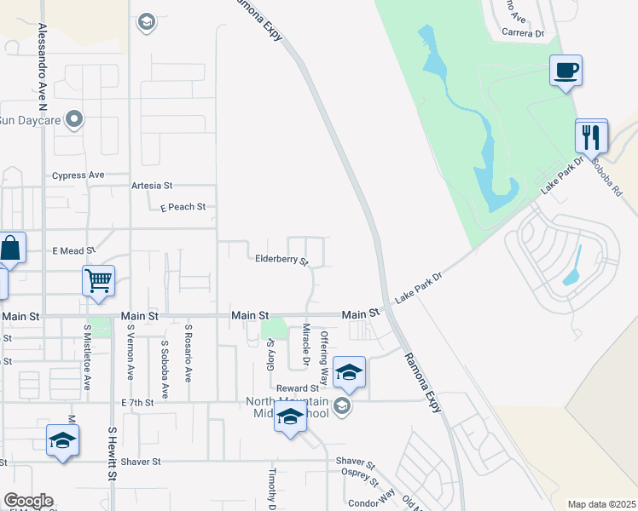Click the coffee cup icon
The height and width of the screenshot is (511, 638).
[x=565, y=69]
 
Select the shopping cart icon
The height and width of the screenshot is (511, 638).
[x=98, y=279]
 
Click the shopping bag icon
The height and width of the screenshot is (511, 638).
[x=11, y=249]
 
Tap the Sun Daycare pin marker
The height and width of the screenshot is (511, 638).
[x=74, y=119]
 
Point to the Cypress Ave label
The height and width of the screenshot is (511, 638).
[x=78, y=175]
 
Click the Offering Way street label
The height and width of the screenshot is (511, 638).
[x=324, y=357]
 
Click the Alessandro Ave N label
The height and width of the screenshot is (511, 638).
[x=41, y=63]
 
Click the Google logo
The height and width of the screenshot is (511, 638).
[x=28, y=501]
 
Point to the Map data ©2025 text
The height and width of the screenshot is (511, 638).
[x=601, y=504]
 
